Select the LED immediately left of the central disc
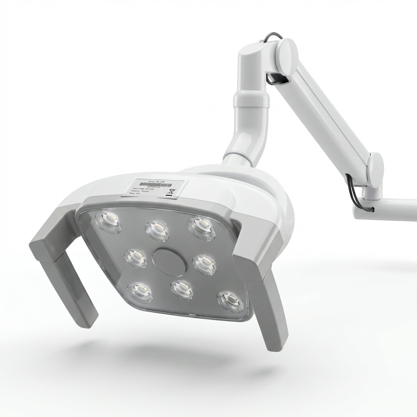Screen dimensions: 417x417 pyautogui.click(x=136, y=258)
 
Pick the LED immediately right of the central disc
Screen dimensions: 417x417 pyautogui.click(x=204, y=264)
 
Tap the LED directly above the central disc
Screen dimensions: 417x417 pyautogui.click(x=158, y=231)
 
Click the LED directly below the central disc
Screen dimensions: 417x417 pyautogui.click(x=182, y=289)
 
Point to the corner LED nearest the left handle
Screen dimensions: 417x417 pyautogui.click(x=108, y=222)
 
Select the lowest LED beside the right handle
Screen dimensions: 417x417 pyautogui.click(x=230, y=301)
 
